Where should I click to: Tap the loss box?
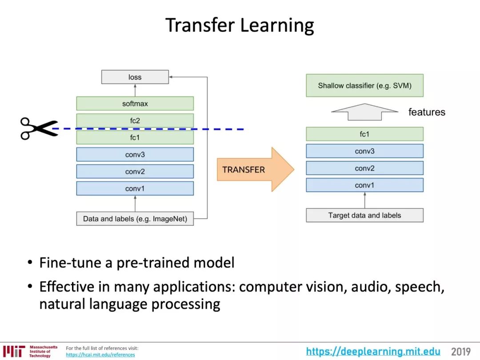tap(135, 77)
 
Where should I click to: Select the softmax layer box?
tap(135, 104)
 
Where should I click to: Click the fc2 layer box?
tap(135, 120)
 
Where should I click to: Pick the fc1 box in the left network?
tap(135, 138)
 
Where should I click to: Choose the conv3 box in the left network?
tap(135, 155)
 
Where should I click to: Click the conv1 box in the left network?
tap(135, 188)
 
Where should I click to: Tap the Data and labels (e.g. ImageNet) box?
tap(135, 219)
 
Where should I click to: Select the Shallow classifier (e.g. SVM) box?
tap(364, 85)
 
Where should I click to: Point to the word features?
tap(427, 112)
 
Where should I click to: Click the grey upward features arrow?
tap(364, 112)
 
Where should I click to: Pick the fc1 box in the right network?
tap(364, 134)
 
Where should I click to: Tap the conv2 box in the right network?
tap(364, 168)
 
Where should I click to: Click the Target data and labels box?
tap(364, 215)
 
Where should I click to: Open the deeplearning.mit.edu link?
tap(373, 352)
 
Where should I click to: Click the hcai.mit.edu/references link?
tap(100, 355)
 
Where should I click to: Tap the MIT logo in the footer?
tap(13, 351)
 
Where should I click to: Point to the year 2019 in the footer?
tap(460, 352)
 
